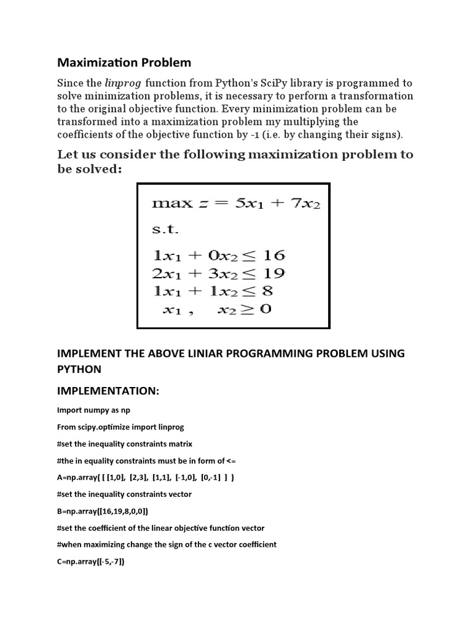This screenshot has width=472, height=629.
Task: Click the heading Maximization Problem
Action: coord(124,63)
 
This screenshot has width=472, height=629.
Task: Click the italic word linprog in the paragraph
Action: coord(122,83)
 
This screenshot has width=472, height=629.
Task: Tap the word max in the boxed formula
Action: coord(172,204)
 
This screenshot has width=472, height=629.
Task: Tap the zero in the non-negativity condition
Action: coord(265,309)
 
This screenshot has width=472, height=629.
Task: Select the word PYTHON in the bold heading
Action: coord(79,369)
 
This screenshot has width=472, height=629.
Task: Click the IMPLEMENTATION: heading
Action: coord(108,391)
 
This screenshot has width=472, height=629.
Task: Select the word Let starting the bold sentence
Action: coord(68,154)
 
